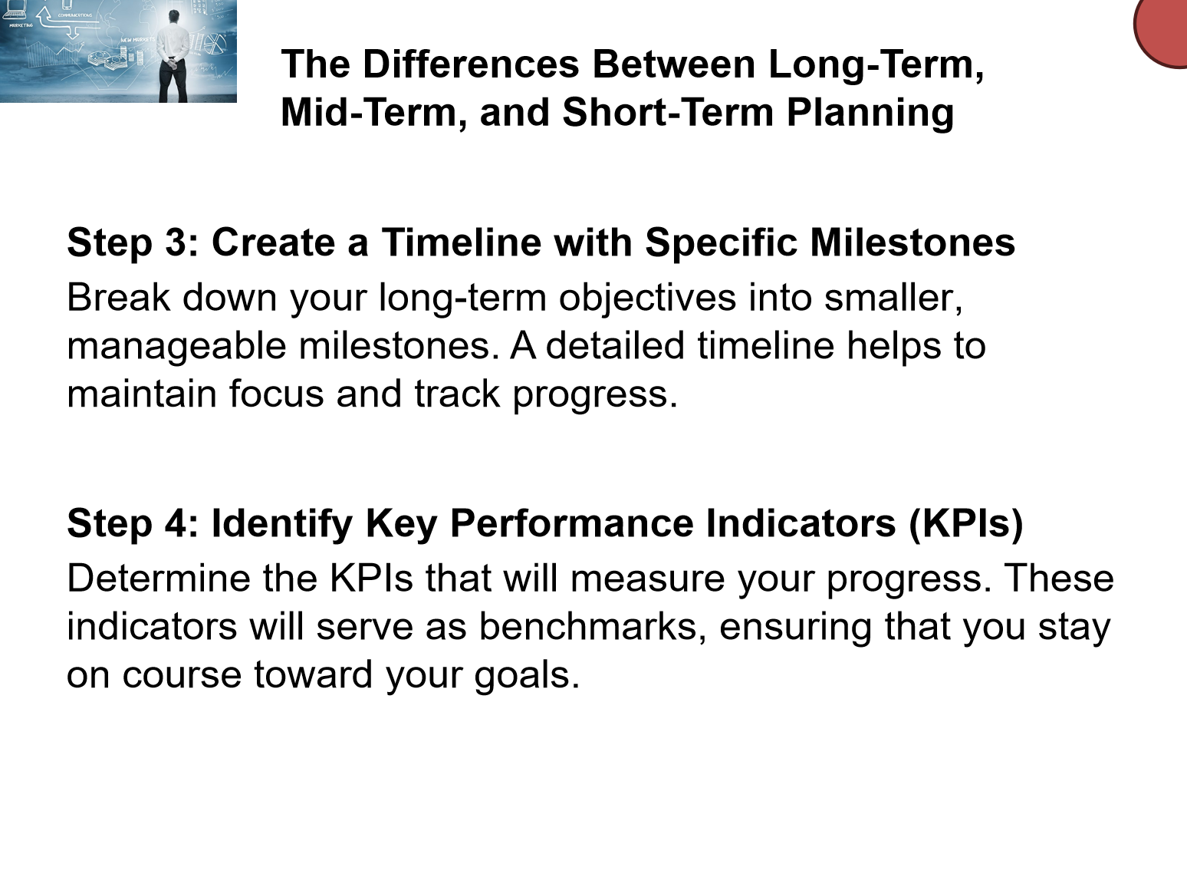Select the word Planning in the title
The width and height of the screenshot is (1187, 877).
[870, 114]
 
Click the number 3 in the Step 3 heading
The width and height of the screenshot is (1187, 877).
[175, 242]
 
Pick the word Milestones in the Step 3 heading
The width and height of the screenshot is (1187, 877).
[912, 242]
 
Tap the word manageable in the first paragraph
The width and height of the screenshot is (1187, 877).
[176, 347]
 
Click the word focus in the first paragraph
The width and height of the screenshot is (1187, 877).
[277, 394]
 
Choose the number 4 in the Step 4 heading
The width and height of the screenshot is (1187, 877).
[176, 523]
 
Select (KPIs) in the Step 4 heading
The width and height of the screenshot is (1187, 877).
[966, 524]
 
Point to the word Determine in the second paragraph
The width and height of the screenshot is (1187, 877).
[159, 578]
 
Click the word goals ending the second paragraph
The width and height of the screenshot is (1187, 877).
[527, 676]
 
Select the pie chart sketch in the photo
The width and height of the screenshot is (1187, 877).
[215, 43]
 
